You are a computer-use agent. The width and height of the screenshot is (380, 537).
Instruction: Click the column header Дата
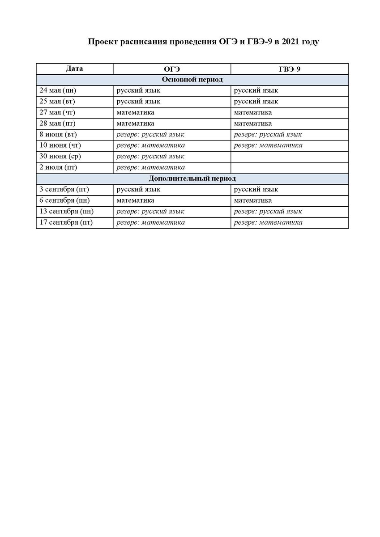(x=74, y=68)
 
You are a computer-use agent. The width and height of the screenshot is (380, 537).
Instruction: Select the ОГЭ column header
(x=172, y=69)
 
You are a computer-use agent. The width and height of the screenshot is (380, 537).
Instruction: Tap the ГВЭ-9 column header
(x=290, y=69)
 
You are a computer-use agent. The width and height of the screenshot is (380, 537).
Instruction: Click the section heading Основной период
(x=192, y=80)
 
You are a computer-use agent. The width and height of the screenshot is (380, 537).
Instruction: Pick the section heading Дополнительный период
(x=192, y=179)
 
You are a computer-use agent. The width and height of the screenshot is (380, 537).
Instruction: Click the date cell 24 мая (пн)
(x=58, y=91)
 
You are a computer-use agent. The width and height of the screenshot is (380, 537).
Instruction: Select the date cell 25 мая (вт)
(x=57, y=102)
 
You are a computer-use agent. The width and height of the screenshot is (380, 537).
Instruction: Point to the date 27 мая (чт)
(x=57, y=113)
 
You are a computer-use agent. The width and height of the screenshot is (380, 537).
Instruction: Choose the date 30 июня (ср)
(x=60, y=157)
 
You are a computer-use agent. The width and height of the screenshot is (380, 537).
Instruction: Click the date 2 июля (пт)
(x=59, y=168)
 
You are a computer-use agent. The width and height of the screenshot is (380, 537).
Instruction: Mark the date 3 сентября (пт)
(x=64, y=190)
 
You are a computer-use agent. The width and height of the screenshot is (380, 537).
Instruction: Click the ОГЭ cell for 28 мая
(x=135, y=124)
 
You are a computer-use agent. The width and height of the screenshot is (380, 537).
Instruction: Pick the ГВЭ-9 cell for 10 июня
(x=268, y=145)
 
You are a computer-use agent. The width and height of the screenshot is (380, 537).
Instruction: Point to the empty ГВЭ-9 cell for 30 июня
(x=289, y=157)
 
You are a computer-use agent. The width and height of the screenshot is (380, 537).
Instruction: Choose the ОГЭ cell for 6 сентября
(x=135, y=200)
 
